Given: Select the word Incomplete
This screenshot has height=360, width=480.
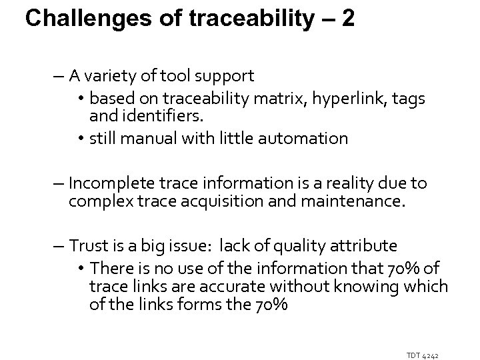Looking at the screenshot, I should (108, 183).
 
